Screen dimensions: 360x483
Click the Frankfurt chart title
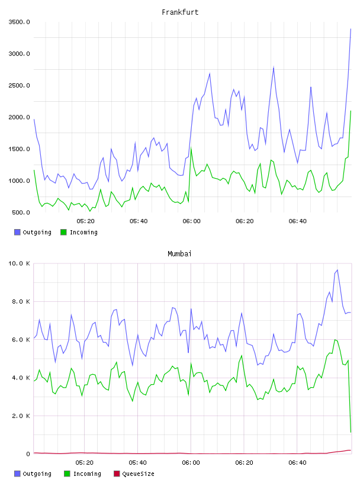(180, 12)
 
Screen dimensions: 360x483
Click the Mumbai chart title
(179, 254)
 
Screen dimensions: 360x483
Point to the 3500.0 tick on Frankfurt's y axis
(19, 22)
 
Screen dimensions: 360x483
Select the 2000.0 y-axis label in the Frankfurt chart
(19, 117)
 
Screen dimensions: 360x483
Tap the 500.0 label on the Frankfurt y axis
(21, 212)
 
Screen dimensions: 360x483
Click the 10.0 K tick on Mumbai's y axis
(19, 263)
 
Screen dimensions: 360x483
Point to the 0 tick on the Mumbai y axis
(28, 454)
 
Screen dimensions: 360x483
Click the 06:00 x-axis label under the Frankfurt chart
(191, 221)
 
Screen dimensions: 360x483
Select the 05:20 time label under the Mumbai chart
(85, 463)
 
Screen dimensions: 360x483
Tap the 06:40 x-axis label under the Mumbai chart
(297, 463)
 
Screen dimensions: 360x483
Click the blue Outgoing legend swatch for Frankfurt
(17, 232)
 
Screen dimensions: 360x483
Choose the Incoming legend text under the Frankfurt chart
(83, 232)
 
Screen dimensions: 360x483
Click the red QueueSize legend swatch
(117, 474)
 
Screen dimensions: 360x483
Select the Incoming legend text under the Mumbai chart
(87, 474)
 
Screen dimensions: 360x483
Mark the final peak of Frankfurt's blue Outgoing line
(351, 29)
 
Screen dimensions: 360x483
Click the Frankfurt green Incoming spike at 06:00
(191, 148)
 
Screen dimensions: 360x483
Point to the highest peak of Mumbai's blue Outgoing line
(337, 270)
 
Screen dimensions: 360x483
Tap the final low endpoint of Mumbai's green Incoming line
(351, 432)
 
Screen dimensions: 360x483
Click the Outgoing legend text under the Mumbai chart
(37, 474)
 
